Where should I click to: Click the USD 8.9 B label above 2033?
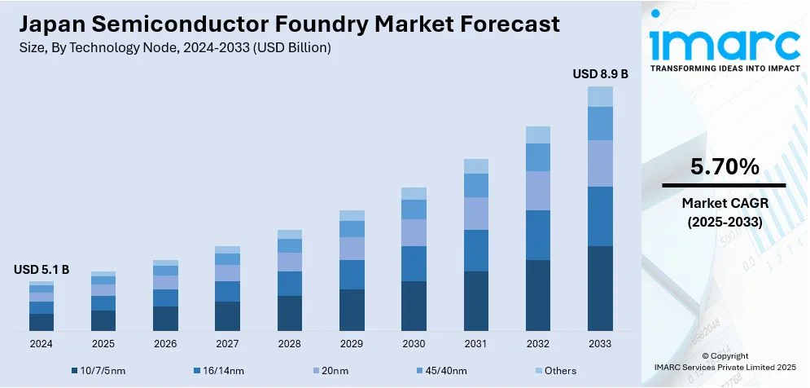(x=600, y=74)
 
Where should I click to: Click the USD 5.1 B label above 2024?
(x=42, y=270)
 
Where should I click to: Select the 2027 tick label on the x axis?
(x=227, y=344)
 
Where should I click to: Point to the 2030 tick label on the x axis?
(x=414, y=344)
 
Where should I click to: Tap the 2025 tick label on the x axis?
(x=103, y=344)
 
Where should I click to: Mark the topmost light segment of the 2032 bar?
(x=538, y=134)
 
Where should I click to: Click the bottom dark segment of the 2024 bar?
(x=42, y=322)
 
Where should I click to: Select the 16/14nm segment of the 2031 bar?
(x=476, y=250)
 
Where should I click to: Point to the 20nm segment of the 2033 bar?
(x=600, y=163)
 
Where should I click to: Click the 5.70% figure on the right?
(x=725, y=167)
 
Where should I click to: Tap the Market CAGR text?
(x=725, y=202)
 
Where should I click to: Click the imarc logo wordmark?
(x=725, y=42)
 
